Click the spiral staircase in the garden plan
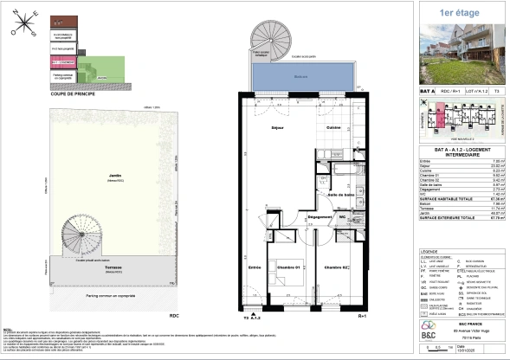81,237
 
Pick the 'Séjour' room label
279,128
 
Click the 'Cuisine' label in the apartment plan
333,128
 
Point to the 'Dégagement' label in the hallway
297,216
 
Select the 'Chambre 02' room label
336,267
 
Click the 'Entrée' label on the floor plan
254,267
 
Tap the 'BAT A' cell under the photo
427,90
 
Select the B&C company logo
429,330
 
